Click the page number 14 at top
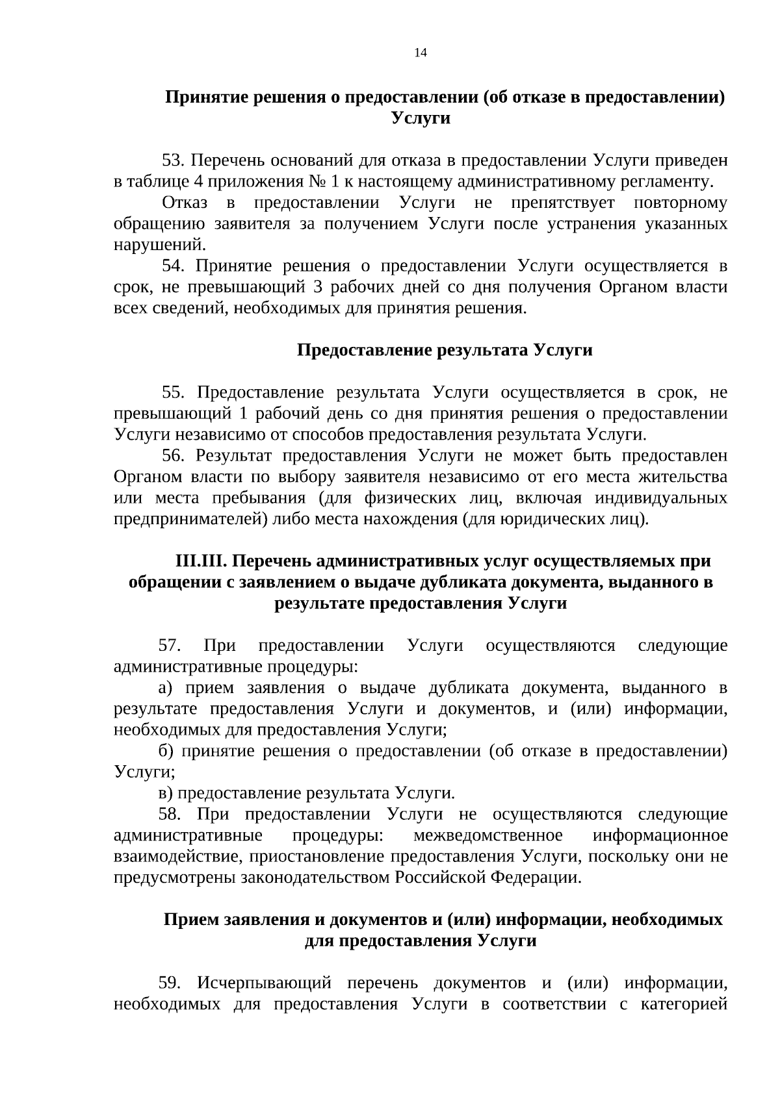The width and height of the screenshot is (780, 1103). tap(420, 53)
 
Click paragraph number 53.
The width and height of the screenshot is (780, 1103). tap(174, 160)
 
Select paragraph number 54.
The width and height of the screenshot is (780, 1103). tap(174, 266)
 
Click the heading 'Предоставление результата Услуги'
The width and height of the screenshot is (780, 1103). tap(445, 350)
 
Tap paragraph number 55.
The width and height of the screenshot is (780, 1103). tap(174, 392)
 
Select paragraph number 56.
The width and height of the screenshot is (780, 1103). tap(174, 455)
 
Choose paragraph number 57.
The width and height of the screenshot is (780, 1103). tap(170, 646)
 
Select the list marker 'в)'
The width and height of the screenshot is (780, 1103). tap(166, 793)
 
